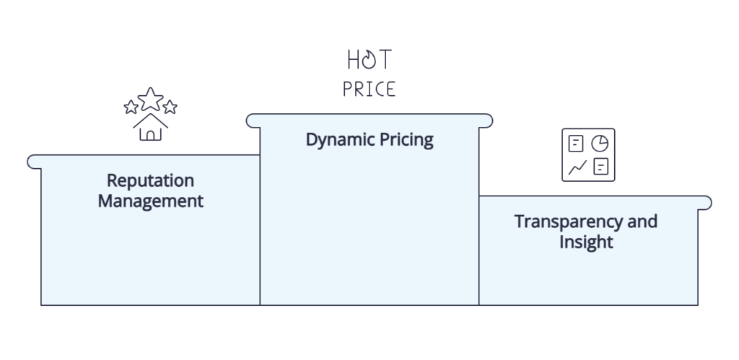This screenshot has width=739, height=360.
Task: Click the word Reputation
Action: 150,181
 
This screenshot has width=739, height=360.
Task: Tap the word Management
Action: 150,201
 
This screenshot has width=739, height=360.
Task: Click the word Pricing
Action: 406,140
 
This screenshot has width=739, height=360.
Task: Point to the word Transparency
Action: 569,222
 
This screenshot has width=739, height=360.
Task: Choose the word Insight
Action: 586,242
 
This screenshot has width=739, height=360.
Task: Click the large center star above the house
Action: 150,99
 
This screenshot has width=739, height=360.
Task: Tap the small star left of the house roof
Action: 131,107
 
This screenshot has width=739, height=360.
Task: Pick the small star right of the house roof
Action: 170,107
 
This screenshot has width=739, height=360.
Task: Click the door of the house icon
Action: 150,135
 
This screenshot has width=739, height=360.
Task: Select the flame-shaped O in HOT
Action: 369,60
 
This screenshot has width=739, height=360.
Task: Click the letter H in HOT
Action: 353,60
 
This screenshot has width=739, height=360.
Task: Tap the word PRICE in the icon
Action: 369,89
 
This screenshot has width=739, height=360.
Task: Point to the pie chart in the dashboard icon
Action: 600,144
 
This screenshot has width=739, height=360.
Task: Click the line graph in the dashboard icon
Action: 577,167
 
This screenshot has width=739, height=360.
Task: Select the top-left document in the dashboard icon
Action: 576,144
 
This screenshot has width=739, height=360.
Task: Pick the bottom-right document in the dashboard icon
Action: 600,167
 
